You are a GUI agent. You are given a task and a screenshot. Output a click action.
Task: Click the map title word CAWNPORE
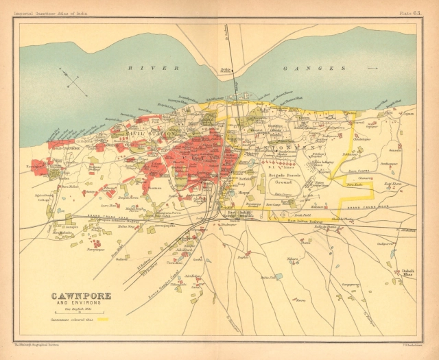click(79, 297)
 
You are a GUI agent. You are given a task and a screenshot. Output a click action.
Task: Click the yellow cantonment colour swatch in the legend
click(105, 320)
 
